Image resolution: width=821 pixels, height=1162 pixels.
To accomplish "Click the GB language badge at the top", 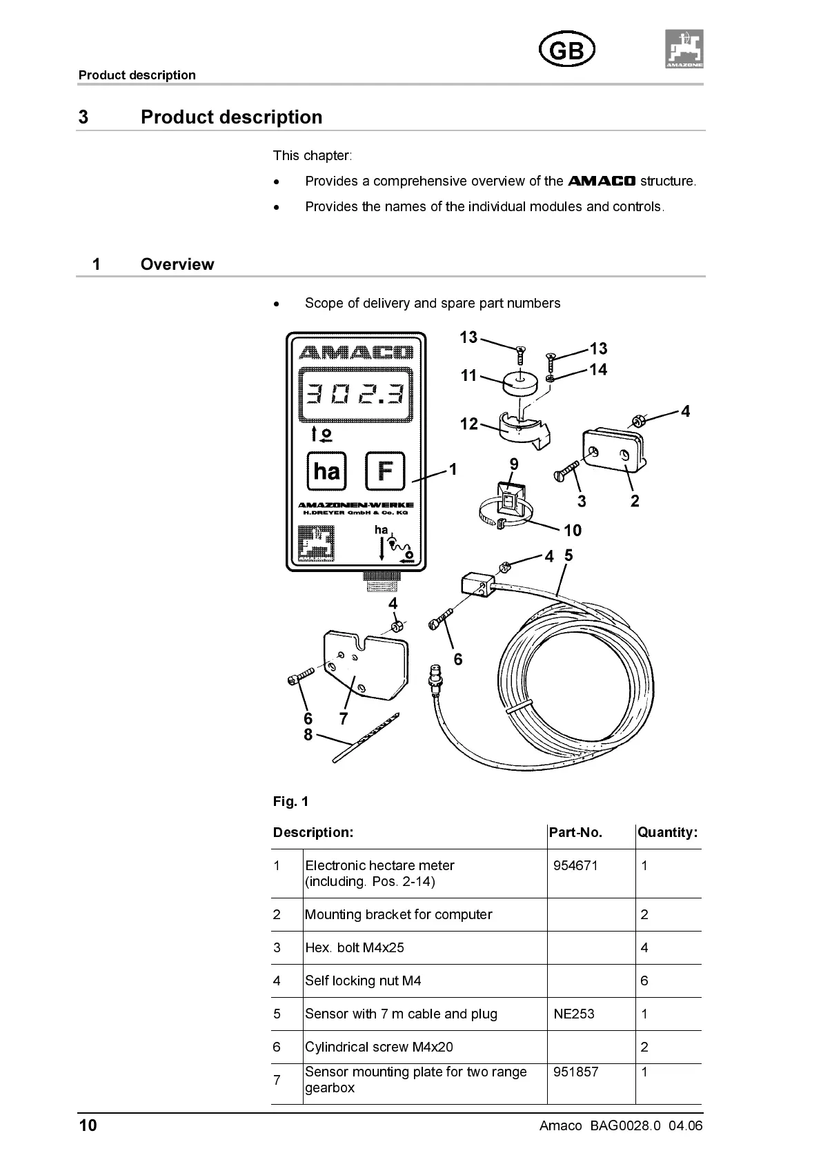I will click(x=566, y=50).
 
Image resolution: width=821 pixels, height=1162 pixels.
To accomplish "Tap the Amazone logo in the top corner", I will click(x=684, y=49).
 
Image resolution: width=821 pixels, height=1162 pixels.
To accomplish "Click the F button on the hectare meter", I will click(x=384, y=471).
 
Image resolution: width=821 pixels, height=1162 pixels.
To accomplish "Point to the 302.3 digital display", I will click(x=355, y=394).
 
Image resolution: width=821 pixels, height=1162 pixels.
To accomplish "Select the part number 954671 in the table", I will click(x=575, y=865).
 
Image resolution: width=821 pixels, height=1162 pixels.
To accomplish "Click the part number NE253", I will click(x=573, y=1014).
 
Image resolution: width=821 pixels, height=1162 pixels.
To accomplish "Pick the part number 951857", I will click(x=575, y=1072).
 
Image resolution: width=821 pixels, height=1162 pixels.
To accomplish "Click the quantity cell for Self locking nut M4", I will click(x=644, y=981).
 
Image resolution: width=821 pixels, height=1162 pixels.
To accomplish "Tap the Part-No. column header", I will click(x=575, y=832).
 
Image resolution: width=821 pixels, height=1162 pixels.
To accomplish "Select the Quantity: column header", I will click(x=667, y=832).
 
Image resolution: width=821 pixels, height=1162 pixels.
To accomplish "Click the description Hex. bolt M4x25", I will click(x=355, y=947).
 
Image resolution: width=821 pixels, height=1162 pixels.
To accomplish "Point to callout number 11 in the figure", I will click(x=469, y=375).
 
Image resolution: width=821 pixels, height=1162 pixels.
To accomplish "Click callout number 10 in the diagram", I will click(x=573, y=530).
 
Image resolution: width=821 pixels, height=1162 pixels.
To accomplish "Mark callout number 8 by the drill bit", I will click(x=308, y=735).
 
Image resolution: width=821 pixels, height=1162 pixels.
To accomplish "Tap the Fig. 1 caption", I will click(x=290, y=801).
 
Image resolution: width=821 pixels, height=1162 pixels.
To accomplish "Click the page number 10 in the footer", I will click(x=88, y=1125).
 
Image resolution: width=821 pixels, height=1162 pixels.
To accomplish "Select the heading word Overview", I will click(x=177, y=264).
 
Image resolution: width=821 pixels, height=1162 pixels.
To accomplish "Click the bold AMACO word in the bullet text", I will click(x=601, y=181).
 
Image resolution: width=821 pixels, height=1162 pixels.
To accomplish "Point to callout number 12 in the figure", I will click(x=469, y=424).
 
